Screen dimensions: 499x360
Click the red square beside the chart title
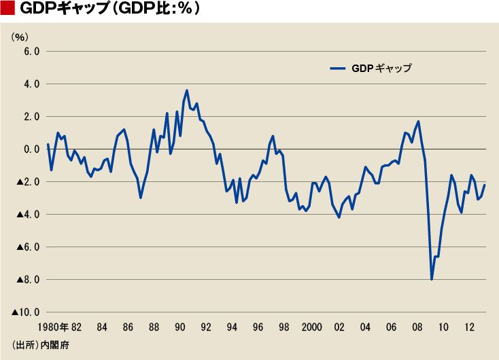click(7, 8)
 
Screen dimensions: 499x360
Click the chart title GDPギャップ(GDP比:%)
click(110, 9)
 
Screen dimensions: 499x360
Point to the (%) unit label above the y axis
click(20, 37)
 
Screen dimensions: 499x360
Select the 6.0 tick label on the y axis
click(31, 51)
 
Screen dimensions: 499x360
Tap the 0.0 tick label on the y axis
click(31, 149)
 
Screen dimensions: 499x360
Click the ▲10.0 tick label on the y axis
click(25, 312)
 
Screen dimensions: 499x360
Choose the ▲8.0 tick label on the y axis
click(28, 280)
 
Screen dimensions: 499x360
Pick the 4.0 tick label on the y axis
click(31, 84)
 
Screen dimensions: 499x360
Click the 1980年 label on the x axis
click(53, 327)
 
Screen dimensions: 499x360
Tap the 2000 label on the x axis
click(312, 327)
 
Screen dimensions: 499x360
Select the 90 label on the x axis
click(179, 327)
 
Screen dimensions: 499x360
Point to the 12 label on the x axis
click(469, 327)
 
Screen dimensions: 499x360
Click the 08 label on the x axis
click(417, 327)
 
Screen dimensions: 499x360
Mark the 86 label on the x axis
click(128, 327)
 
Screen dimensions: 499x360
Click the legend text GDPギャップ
click(381, 69)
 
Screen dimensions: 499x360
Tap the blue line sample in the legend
click(338, 69)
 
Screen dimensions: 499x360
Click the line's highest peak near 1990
click(187, 90)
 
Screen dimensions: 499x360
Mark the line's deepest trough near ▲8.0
click(432, 279)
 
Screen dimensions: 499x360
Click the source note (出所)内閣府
click(40, 345)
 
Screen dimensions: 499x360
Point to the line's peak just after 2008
click(418, 122)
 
